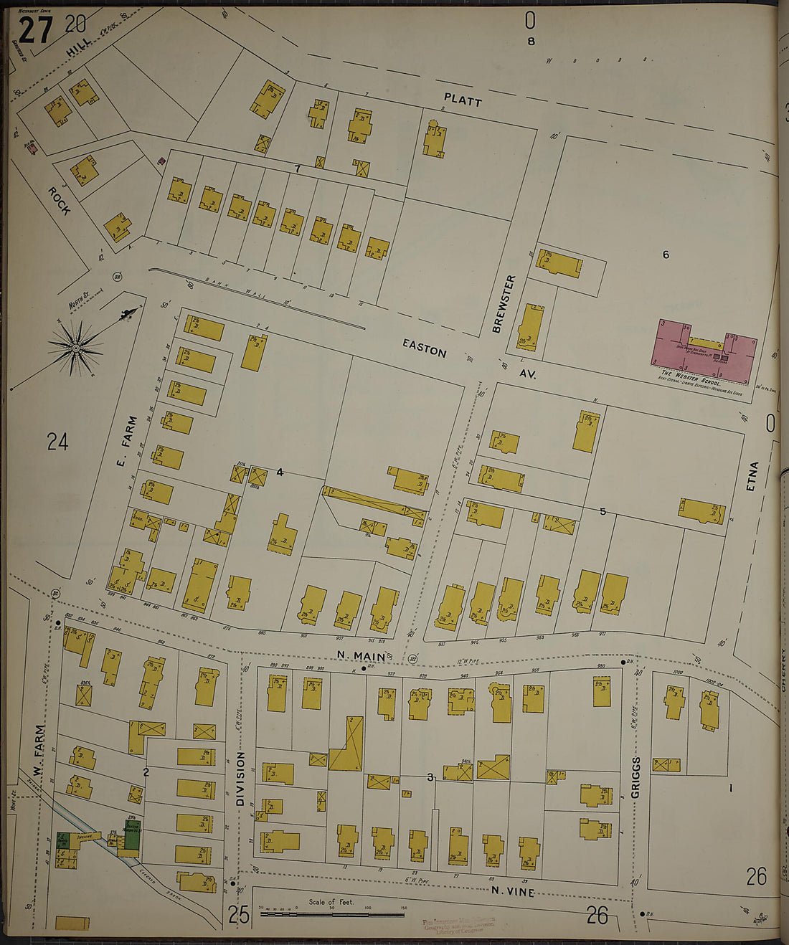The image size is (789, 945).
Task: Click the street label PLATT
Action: coord(463,100)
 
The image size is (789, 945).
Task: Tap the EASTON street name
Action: coord(425,348)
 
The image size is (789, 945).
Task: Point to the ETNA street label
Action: coord(752,476)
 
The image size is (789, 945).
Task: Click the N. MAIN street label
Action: coord(362,655)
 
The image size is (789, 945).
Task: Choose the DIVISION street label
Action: coord(240,779)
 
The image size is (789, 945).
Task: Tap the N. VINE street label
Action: coord(513,891)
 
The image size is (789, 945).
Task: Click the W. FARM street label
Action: coord(39,750)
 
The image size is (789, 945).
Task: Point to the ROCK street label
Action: coord(60,201)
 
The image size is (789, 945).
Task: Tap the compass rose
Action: coord(76,348)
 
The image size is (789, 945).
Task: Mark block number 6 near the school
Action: coord(666,255)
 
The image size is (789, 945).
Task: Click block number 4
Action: coord(280,472)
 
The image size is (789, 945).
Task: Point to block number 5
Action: coord(603,511)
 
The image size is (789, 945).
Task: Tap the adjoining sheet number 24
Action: coord(57,442)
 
